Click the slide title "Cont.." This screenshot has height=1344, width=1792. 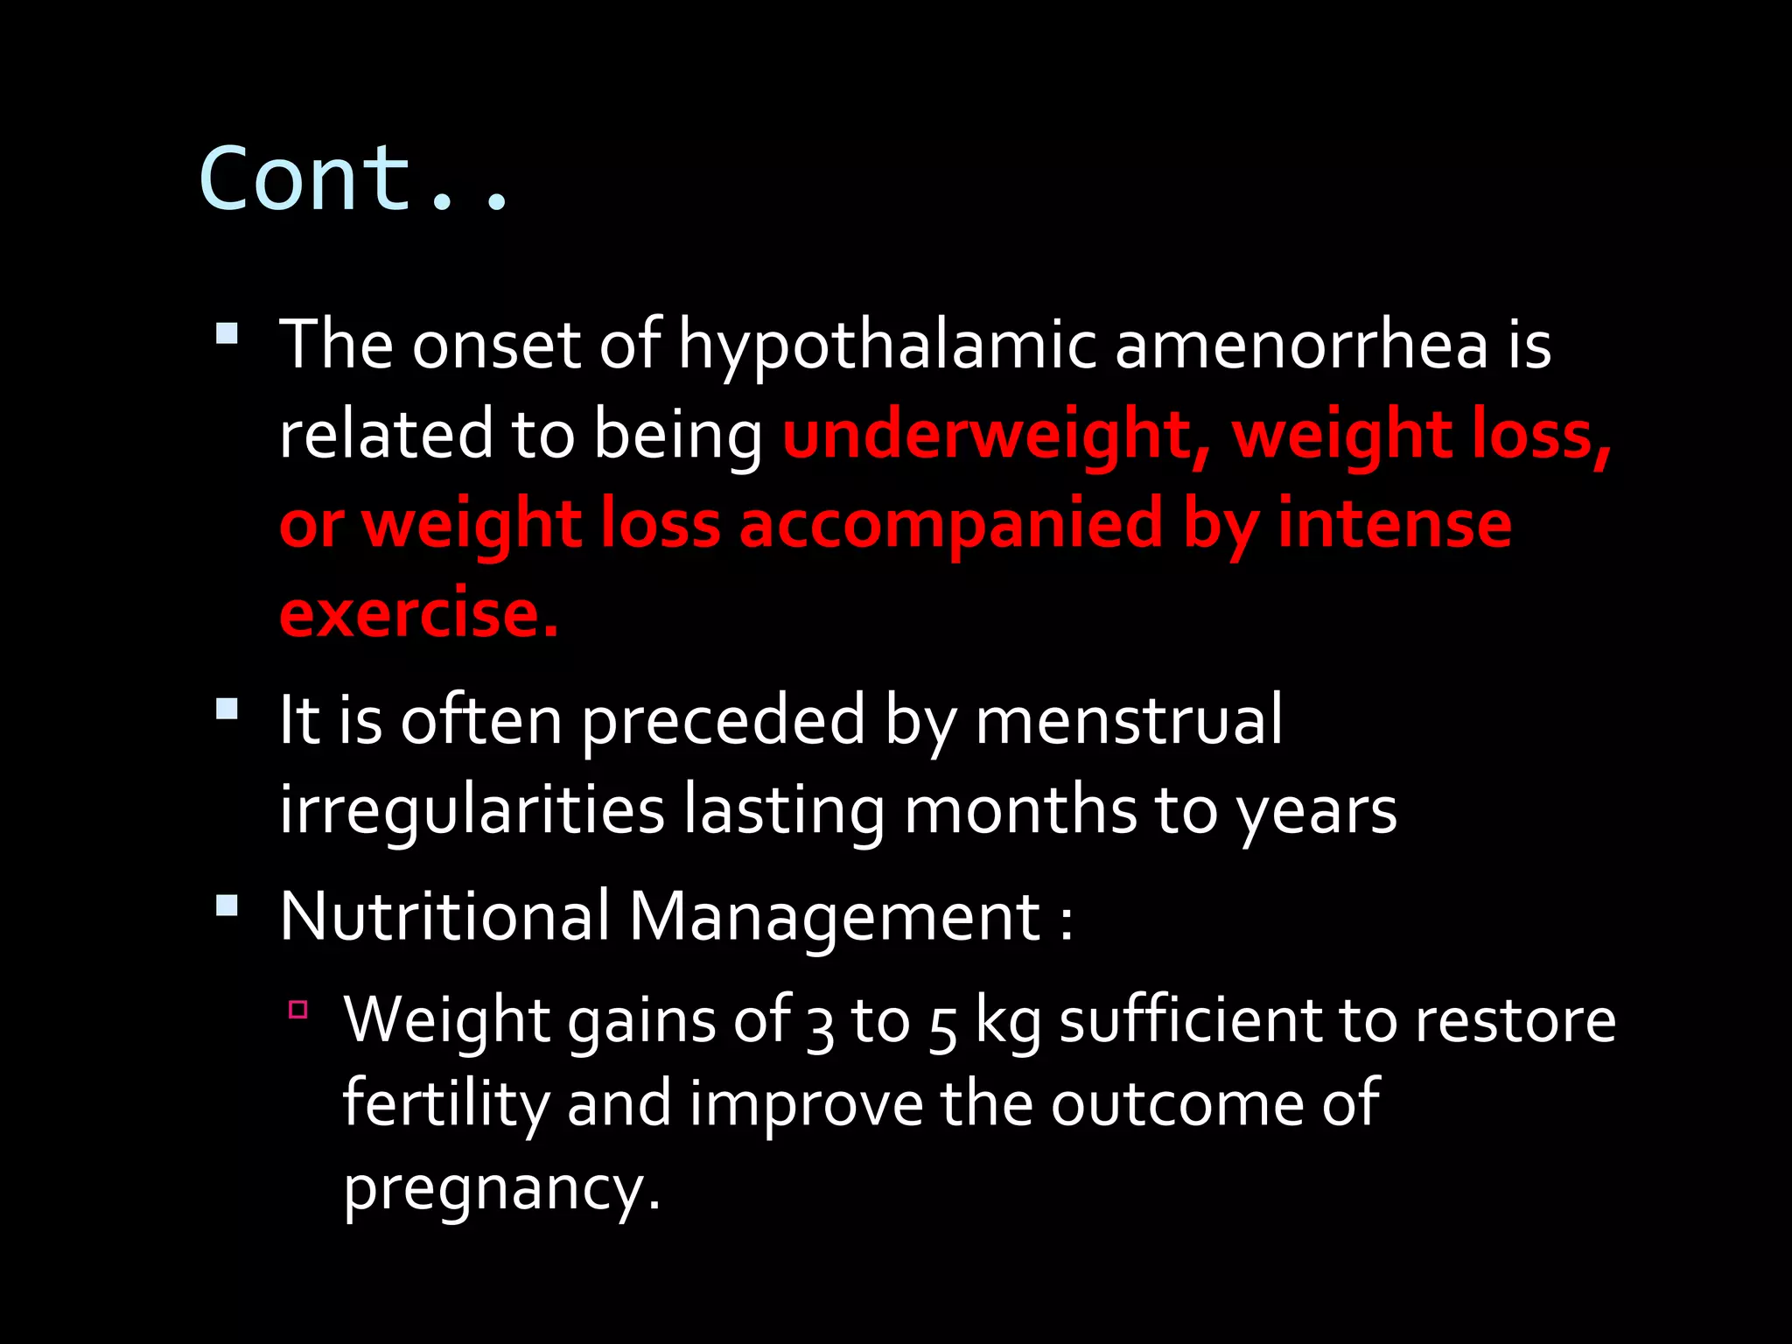pos(353,179)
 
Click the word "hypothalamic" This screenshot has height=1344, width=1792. pos(886,346)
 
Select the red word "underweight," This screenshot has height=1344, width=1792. pos(997,435)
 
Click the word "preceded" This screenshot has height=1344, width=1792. pos(723,721)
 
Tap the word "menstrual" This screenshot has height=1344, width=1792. pos(1128,719)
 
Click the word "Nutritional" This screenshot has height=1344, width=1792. pos(444,916)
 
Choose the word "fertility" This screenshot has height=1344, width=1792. pos(444,1104)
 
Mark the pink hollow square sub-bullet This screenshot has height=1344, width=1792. pos(298,1010)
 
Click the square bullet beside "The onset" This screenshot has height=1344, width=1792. pos(227,333)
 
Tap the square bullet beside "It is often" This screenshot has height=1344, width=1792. pos(227,708)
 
